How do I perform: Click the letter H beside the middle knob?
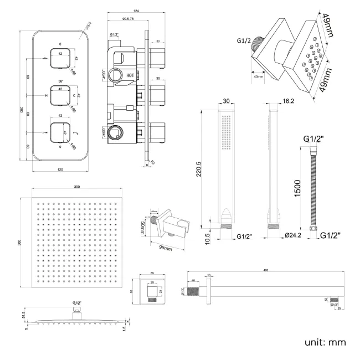[45, 96]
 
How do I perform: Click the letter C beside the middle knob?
[74, 96]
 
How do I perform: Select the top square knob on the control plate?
[60, 57]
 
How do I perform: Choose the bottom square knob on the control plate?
[60, 133]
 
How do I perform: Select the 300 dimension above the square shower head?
[76, 187]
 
